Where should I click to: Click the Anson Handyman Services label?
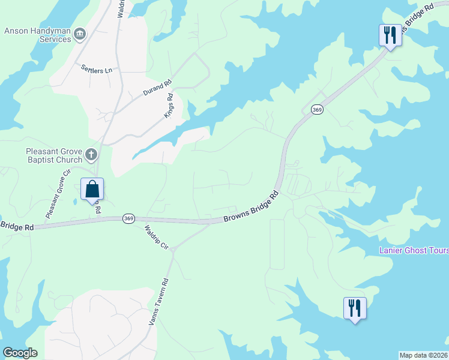(x=38, y=35)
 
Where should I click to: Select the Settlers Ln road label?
(x=97, y=69)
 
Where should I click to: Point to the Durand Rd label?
(x=157, y=89)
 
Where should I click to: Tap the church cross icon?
(x=91, y=155)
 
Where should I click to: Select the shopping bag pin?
(x=92, y=190)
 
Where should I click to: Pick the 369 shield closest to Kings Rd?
(x=318, y=109)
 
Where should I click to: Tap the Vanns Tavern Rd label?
(x=159, y=302)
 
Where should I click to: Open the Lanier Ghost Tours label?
(x=414, y=250)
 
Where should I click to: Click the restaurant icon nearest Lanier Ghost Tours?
(x=355, y=308)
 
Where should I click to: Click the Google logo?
(x=20, y=353)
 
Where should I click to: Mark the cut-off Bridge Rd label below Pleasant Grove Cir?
(x=17, y=226)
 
